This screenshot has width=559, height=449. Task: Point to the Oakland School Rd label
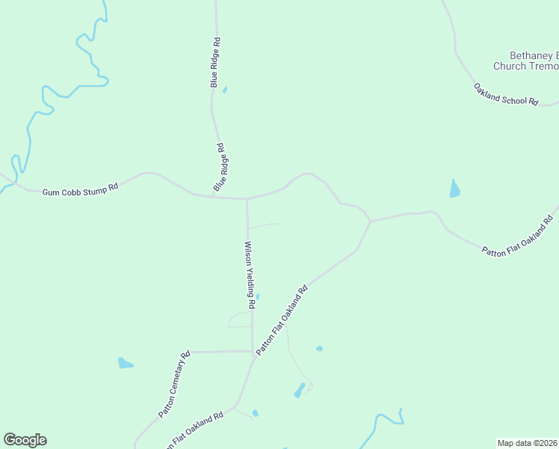tap(506, 94)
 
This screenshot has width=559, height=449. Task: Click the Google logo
tap(25, 440)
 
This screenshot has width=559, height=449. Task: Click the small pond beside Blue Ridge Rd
tap(224, 90)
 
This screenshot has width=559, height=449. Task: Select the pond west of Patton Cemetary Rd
tap(126, 364)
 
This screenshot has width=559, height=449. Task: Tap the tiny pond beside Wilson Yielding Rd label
tap(258, 297)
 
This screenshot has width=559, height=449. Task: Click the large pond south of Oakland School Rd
tap(454, 189)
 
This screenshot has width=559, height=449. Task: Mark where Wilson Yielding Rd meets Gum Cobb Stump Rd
tap(247, 199)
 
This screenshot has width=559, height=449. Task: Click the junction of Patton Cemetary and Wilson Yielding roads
tap(253, 350)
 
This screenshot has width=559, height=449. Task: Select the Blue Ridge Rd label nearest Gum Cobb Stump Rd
tap(220, 167)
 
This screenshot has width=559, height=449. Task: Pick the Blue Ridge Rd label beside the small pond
tap(215, 63)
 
